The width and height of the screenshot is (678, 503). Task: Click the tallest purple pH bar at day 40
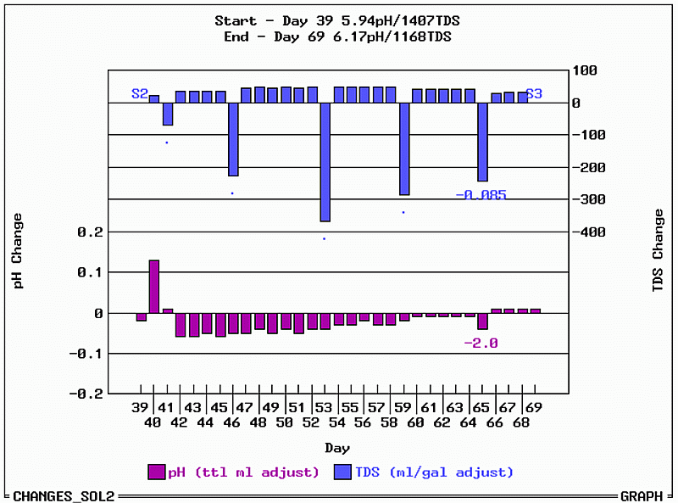pyautogui.click(x=154, y=287)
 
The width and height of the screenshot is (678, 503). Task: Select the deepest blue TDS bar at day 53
pyautogui.click(x=325, y=161)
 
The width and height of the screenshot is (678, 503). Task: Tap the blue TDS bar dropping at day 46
pyautogui.click(x=233, y=139)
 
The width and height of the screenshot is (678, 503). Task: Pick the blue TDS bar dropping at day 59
pyautogui.click(x=404, y=148)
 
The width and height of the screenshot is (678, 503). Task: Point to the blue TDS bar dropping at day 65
pyautogui.click(x=483, y=142)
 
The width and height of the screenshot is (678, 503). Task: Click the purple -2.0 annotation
pyautogui.click(x=481, y=343)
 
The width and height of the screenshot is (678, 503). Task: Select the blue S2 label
pyautogui.click(x=140, y=93)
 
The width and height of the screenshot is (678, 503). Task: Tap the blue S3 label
pyautogui.click(x=534, y=93)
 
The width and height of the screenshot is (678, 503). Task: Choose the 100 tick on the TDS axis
pyautogui.click(x=585, y=70)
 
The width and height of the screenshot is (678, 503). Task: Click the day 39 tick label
pyautogui.click(x=141, y=408)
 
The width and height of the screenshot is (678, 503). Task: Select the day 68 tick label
pyautogui.click(x=520, y=422)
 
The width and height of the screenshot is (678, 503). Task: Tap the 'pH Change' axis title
pyautogui.click(x=18, y=251)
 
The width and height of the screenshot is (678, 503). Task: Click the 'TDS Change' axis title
pyautogui.click(x=659, y=251)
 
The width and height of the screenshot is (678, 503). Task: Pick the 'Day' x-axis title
pyautogui.click(x=337, y=448)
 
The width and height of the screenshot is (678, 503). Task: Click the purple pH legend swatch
pyautogui.click(x=157, y=472)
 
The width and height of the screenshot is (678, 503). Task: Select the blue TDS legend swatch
pyautogui.click(x=343, y=472)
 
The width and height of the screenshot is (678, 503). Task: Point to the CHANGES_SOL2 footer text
pyautogui.click(x=64, y=495)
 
